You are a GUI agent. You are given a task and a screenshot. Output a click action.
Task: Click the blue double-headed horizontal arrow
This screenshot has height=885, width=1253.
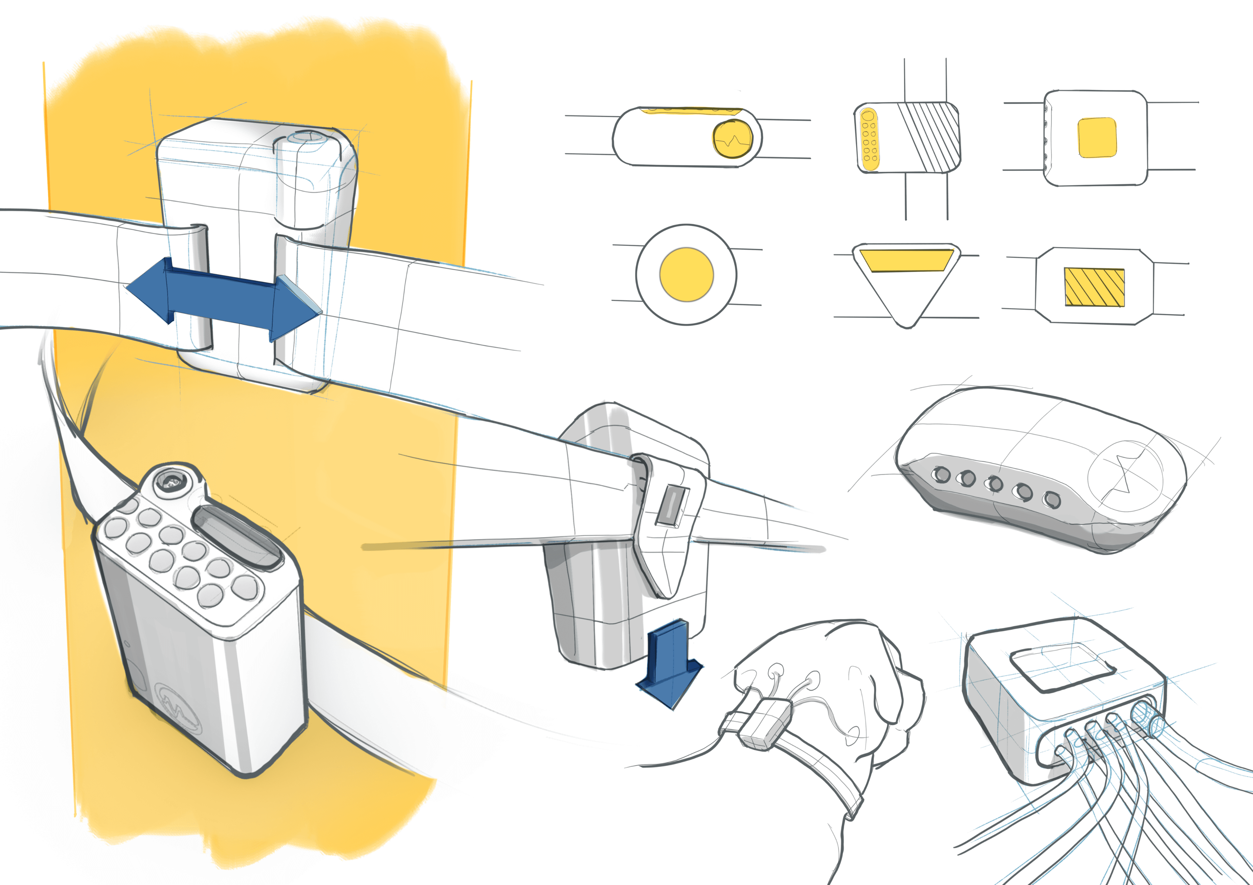pos(224,299)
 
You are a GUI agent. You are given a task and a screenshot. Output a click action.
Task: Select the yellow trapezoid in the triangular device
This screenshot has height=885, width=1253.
pos(906,260)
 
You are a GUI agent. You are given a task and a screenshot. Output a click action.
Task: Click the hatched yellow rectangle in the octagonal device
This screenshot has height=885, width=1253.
pos(1094,287)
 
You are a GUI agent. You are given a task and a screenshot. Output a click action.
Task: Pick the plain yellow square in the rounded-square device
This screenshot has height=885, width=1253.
pos(1097,138)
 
